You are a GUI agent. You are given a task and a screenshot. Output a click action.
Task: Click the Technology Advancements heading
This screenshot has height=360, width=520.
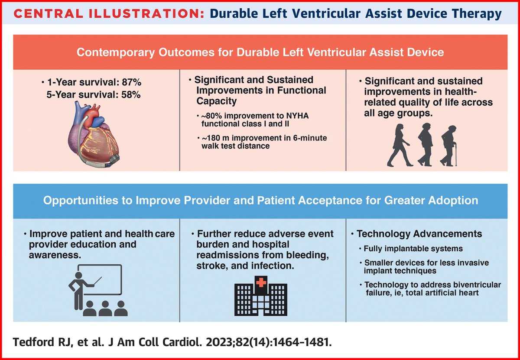[419, 234]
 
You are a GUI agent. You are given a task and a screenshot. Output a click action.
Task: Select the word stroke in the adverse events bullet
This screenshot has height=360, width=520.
[204, 266]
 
